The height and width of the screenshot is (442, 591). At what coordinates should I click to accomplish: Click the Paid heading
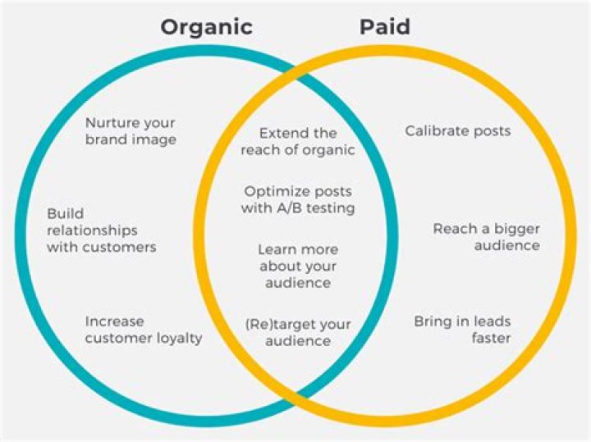385,27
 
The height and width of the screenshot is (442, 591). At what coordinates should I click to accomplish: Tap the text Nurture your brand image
131,131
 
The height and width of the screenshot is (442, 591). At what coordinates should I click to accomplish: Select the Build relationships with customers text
101,230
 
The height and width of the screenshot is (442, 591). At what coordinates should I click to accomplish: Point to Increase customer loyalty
143,329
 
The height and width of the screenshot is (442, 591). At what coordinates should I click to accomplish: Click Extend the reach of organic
297,141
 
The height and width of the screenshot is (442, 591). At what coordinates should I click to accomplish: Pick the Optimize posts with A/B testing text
298,199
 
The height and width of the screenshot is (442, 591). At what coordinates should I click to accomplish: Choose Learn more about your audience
297,266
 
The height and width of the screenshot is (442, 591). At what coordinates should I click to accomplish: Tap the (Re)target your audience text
297,332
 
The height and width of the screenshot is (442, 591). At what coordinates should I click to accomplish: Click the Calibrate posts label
457,131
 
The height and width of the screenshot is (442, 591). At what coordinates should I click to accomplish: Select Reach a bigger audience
486,237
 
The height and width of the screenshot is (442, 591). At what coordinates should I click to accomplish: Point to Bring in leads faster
462,330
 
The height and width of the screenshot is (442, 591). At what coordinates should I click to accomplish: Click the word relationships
92,230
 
